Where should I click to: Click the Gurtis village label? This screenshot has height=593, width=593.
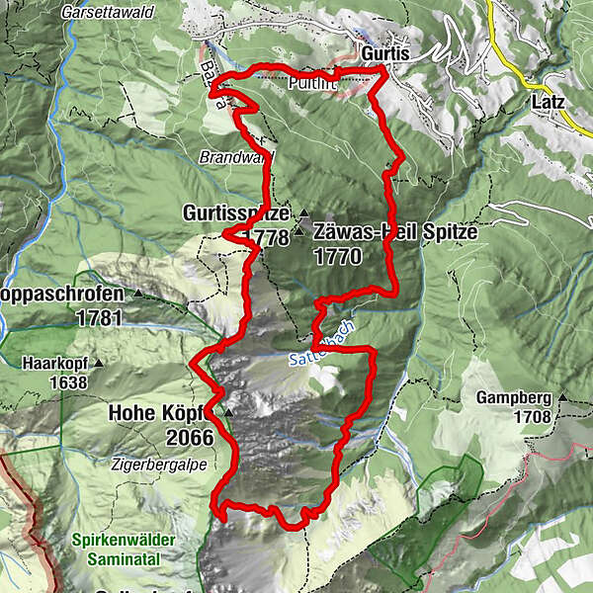(x=383, y=52)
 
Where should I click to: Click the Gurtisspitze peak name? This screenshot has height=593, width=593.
(x=235, y=213)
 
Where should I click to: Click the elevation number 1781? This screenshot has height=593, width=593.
(x=97, y=318)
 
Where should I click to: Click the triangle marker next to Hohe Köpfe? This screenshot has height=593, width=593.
(x=228, y=412)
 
